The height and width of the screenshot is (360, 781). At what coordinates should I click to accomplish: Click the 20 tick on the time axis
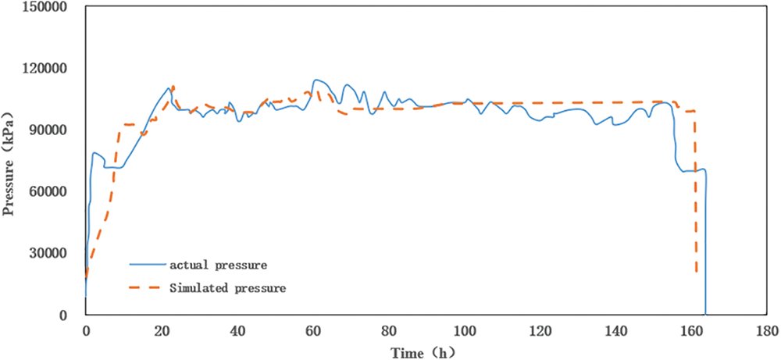click(162, 330)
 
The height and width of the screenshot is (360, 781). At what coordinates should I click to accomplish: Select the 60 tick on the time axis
click(314, 330)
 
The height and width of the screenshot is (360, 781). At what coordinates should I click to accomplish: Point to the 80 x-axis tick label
click(390, 330)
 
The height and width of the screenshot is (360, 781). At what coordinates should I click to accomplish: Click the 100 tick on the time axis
click(466, 330)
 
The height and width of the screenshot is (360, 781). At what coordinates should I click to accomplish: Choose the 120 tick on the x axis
click(542, 330)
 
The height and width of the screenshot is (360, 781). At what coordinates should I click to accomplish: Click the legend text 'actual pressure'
click(213, 266)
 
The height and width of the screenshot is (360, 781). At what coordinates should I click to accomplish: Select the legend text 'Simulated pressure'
click(226, 288)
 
